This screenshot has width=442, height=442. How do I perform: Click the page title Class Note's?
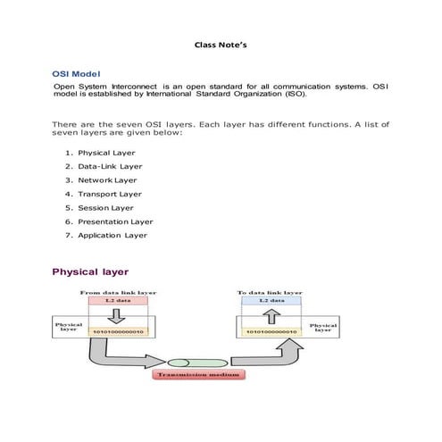coord(221,45)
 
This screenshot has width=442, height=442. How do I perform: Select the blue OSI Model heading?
coord(76,74)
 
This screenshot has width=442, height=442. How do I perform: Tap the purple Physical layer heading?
coord(90,271)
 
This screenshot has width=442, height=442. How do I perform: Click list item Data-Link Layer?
coord(110,166)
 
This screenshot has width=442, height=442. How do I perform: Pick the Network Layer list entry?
coord(107,180)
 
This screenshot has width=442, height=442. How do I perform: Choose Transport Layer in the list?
coord(110,194)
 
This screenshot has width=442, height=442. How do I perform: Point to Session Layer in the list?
coord(105,208)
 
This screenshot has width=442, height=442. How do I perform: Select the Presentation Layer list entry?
coord(115,221)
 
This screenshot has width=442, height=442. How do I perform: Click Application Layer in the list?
coord(113,236)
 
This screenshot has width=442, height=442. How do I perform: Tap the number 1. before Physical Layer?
coord(69,153)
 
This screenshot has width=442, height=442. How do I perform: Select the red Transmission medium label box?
coord(198,374)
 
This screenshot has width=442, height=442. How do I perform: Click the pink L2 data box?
coord(118,301)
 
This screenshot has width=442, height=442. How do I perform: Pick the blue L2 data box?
coord(271,301)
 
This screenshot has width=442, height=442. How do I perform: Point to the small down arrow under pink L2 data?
coord(116,316)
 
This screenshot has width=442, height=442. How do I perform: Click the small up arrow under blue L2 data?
coord(271,317)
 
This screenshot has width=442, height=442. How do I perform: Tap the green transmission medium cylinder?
coord(197,363)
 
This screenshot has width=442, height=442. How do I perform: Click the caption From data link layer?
coord(118,293)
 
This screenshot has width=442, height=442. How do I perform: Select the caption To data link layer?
coord(270,293)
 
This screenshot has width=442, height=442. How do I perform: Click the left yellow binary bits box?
coord(118,331)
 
